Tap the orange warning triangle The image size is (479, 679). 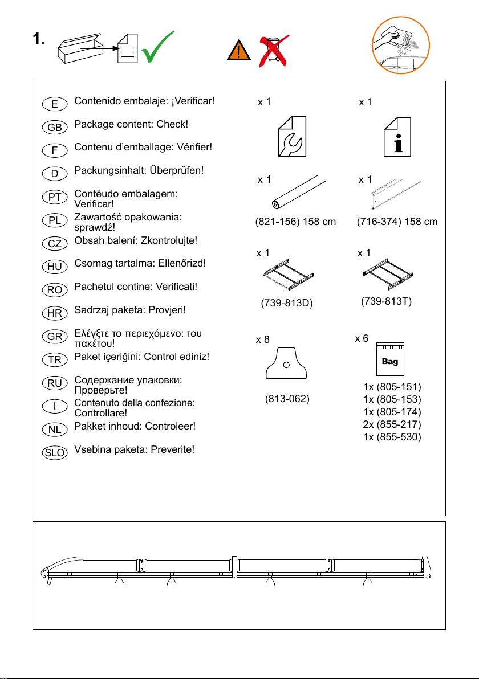coord(238,50)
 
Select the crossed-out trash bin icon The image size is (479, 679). coord(274,51)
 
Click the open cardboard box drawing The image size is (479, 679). coord(80,48)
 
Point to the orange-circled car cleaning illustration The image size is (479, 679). coord(400,45)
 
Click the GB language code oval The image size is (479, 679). coord(55,128)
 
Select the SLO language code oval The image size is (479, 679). coord(55,453)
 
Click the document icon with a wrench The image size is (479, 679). coord(292,136)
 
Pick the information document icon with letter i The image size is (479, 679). coord(397,137)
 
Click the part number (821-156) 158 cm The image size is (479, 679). coord(295,222)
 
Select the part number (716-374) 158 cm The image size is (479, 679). coord(397,222)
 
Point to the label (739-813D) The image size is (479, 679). coord(287,303)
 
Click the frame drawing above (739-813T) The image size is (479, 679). coord(388,273)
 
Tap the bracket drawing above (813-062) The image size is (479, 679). coord(286,363)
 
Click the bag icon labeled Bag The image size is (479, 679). coord(390,359)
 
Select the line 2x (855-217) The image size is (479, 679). coord(392,424)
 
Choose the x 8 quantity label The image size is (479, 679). coord(263,340)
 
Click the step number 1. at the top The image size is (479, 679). coord(39,39)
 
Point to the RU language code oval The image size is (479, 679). coord(55,383)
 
